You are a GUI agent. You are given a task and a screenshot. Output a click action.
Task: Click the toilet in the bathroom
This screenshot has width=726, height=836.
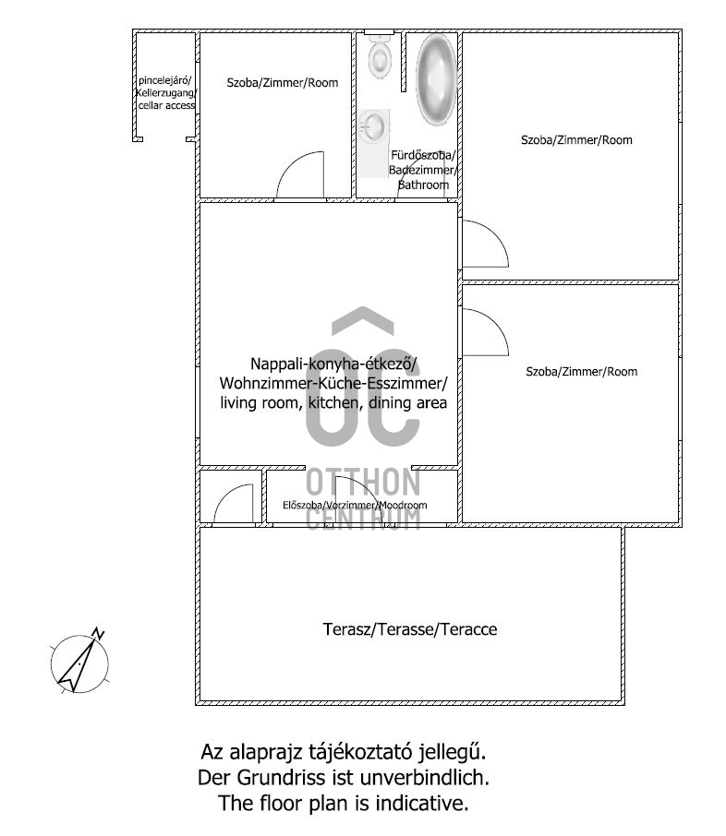point(380,56)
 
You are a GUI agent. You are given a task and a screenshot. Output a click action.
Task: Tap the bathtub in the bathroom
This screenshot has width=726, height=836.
point(437,79)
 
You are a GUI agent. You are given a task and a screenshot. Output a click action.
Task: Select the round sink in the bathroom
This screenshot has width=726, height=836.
point(372,126)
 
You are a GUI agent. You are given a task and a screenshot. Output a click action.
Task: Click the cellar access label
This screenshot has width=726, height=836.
point(166,93)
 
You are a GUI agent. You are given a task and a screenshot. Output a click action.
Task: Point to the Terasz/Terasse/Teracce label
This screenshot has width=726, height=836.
point(410,629)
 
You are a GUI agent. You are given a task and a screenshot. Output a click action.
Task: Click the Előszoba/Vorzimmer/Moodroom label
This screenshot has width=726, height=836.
point(355,505)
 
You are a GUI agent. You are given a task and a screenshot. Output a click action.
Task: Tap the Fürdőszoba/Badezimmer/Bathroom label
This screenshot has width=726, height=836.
point(423,170)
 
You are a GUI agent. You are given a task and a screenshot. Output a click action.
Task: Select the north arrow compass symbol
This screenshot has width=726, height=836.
point(79,661)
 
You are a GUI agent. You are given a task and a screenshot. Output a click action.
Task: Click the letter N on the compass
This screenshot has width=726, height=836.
point(98,633)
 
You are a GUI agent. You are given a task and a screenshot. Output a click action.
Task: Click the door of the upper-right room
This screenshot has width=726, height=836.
point(485,244)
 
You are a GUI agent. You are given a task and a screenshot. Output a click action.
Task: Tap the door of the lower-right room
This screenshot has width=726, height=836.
point(485,331)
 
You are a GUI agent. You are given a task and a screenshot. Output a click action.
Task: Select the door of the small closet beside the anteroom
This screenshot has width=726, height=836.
point(234,503)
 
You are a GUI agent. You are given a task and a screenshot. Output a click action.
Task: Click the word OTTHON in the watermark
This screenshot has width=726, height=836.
point(363,483)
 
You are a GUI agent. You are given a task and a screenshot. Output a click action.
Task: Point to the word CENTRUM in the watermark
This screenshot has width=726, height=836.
point(363,519)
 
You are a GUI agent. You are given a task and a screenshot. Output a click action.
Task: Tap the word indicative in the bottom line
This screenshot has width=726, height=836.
point(421,803)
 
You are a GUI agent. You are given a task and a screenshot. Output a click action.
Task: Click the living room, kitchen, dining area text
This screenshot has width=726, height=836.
point(333,402)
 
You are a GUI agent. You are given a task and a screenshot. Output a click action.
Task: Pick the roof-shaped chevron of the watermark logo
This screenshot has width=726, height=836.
point(363,321)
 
